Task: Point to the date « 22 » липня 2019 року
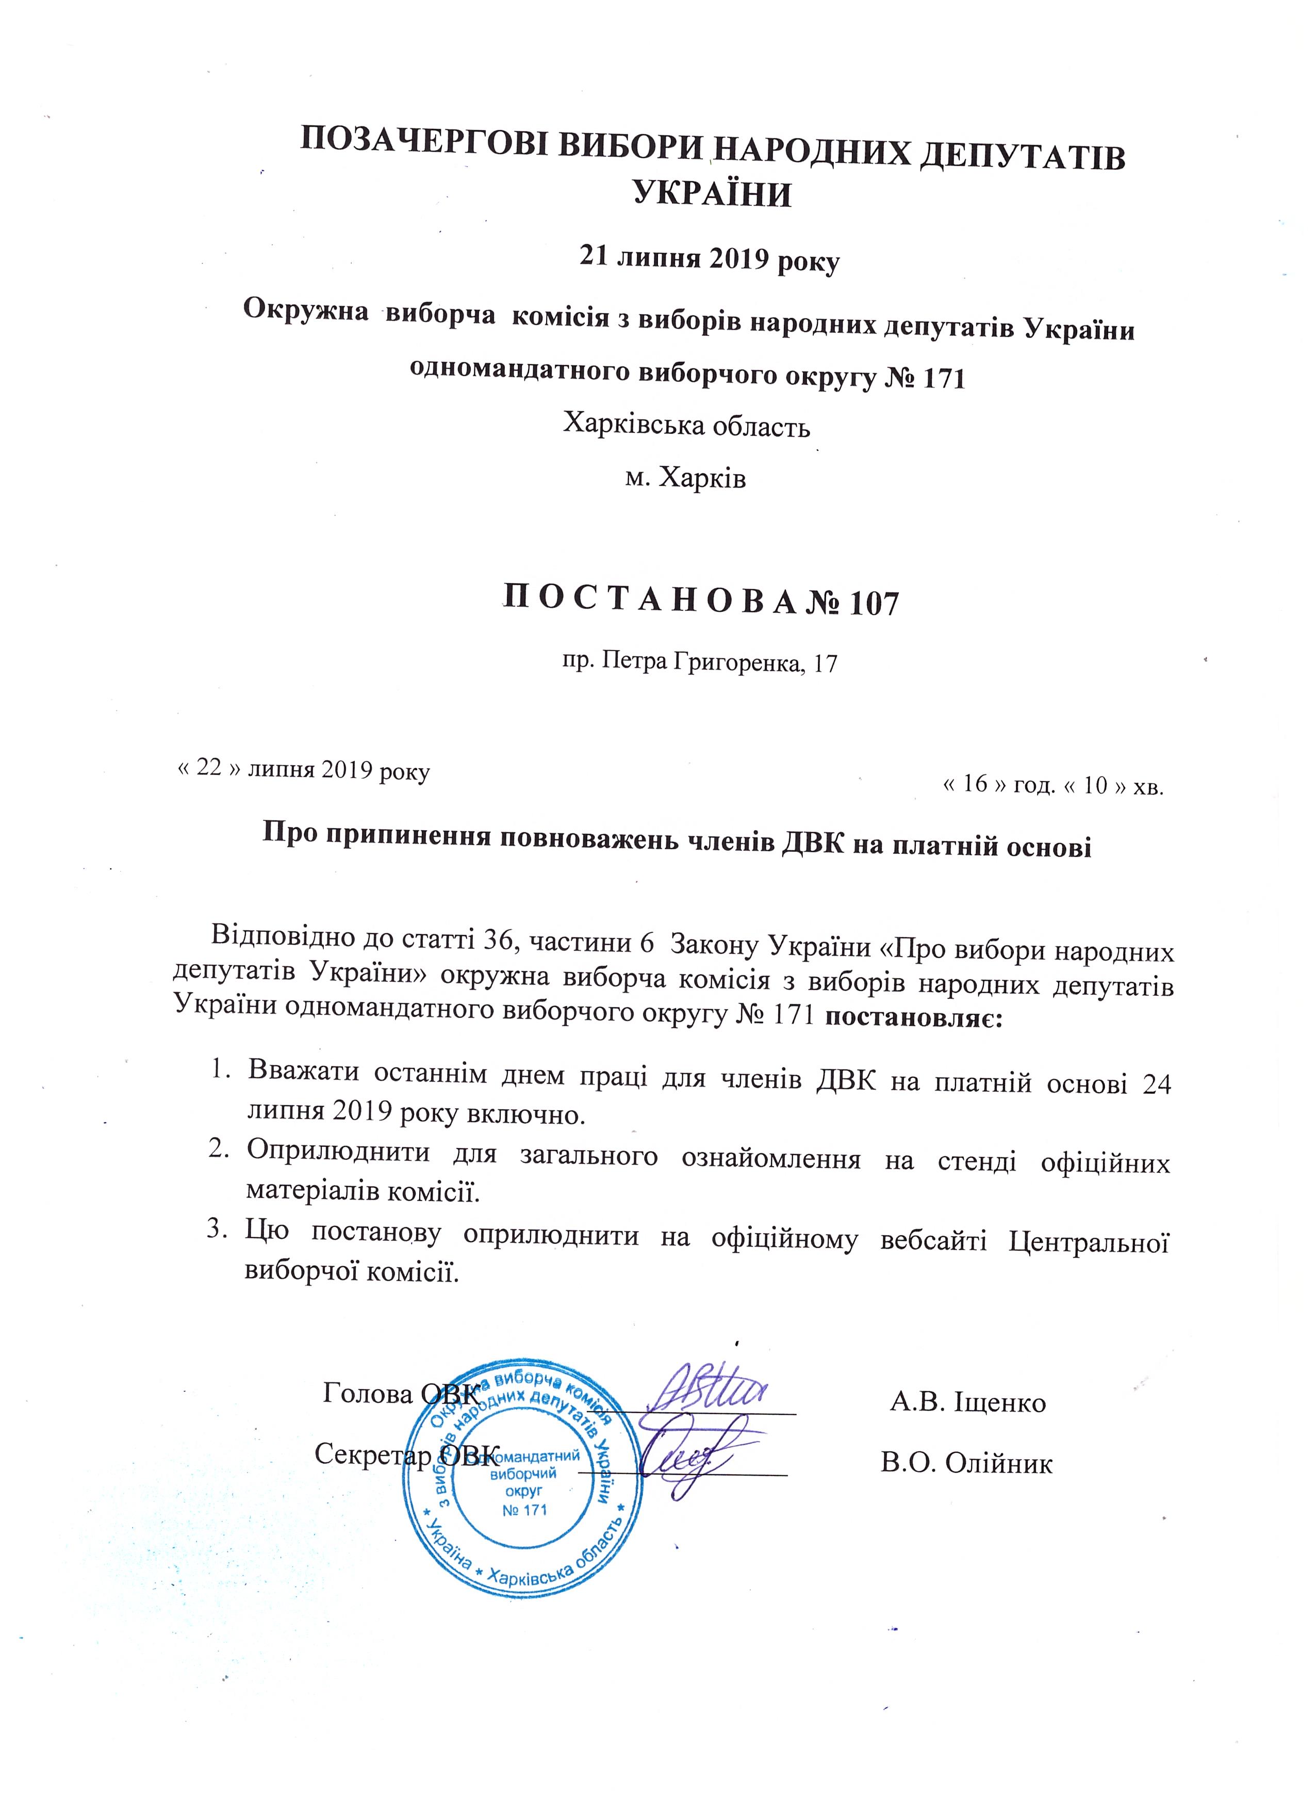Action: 303,770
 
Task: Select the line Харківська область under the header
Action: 686,424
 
